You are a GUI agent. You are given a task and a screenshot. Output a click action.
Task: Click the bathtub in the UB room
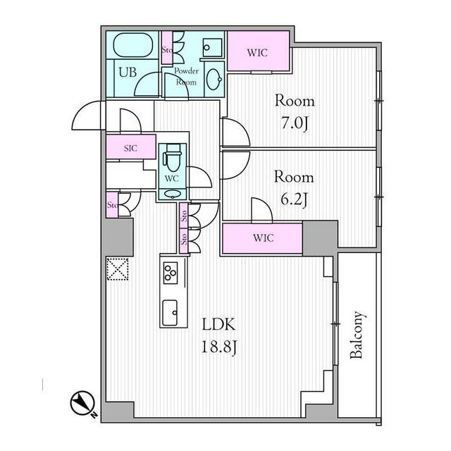click(x=132, y=45)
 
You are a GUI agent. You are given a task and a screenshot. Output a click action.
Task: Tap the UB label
click(x=128, y=72)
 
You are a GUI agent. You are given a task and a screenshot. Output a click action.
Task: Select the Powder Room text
click(x=186, y=77)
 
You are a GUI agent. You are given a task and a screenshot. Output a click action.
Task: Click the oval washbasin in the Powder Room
click(x=214, y=79)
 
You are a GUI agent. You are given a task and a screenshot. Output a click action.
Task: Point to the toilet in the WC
click(x=172, y=159)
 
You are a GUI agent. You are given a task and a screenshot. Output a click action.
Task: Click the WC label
click(x=172, y=178)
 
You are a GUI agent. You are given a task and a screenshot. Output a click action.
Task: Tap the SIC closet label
click(x=130, y=149)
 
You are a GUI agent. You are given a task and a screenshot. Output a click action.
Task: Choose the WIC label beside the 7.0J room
click(x=257, y=53)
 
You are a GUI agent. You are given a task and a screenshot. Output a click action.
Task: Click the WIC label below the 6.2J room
click(x=263, y=238)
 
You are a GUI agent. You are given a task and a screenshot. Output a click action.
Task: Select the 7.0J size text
click(x=295, y=124)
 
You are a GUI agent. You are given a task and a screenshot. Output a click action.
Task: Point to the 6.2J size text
click(x=295, y=199)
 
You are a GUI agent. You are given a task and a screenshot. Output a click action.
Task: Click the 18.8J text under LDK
click(x=219, y=347)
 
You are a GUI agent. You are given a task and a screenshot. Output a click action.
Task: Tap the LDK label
click(x=219, y=324)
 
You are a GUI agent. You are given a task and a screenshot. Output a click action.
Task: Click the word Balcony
click(x=357, y=335)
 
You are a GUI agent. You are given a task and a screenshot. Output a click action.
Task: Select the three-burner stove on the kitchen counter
click(x=171, y=273)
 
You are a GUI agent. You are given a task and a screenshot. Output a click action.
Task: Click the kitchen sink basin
click(x=170, y=313)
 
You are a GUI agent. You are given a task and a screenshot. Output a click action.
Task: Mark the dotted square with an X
click(x=118, y=269)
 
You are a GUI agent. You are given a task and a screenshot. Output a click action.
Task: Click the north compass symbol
click(x=83, y=403)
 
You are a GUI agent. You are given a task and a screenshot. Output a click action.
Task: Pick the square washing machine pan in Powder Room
click(x=213, y=47)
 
